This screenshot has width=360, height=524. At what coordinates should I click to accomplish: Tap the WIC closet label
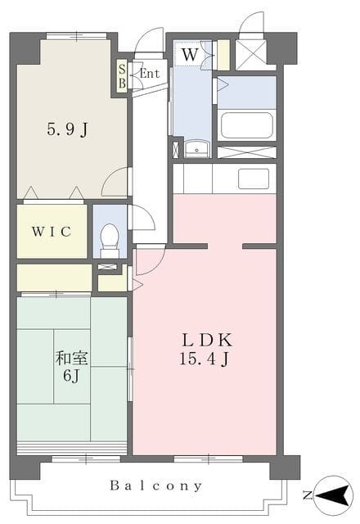click(x=52, y=231)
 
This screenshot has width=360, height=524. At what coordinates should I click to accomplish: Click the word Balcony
click(x=156, y=486)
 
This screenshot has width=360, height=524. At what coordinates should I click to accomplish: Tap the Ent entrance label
click(x=149, y=73)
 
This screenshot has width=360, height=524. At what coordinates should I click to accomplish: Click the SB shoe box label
click(x=122, y=75)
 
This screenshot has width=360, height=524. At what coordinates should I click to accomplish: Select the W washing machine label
click(x=189, y=55)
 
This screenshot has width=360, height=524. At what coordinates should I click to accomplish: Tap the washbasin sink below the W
click(x=196, y=149)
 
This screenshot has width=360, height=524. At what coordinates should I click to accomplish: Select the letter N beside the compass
click(x=305, y=495)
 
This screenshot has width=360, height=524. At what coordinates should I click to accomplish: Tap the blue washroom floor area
click(x=191, y=106)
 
